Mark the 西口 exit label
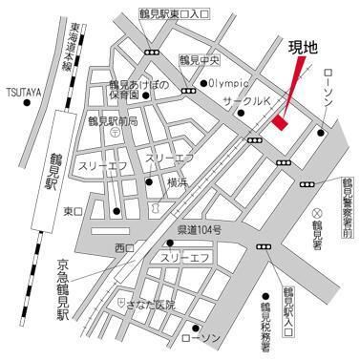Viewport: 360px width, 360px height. point(124,248)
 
